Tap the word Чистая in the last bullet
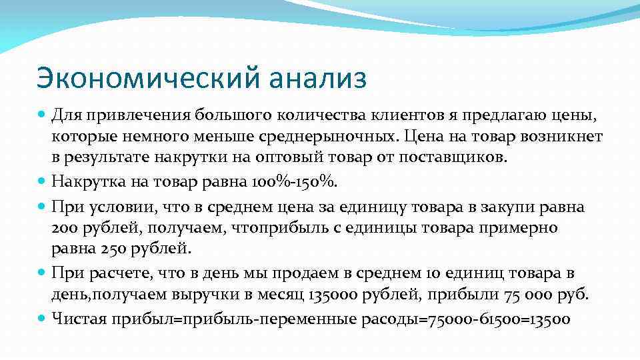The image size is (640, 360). click(x=77, y=319)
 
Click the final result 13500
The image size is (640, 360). click(x=548, y=319)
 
